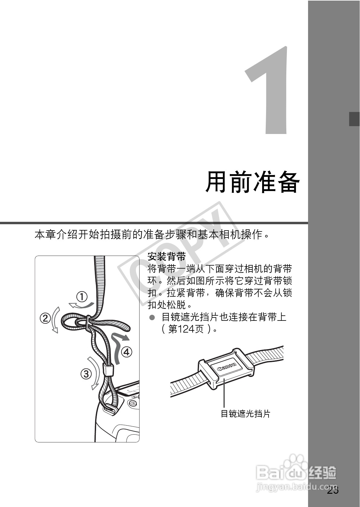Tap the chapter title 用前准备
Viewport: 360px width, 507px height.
click(252, 182)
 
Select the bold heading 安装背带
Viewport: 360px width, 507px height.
click(166, 257)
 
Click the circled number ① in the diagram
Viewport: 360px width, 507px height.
click(82, 297)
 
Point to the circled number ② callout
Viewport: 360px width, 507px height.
click(45, 318)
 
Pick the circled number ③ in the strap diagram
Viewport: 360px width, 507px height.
click(86, 374)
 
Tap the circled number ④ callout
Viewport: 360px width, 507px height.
click(127, 352)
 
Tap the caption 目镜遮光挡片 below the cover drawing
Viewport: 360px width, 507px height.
click(245, 413)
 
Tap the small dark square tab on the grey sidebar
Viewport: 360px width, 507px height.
click(354, 119)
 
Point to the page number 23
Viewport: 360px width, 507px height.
click(333, 490)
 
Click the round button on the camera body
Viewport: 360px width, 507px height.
click(133, 403)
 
